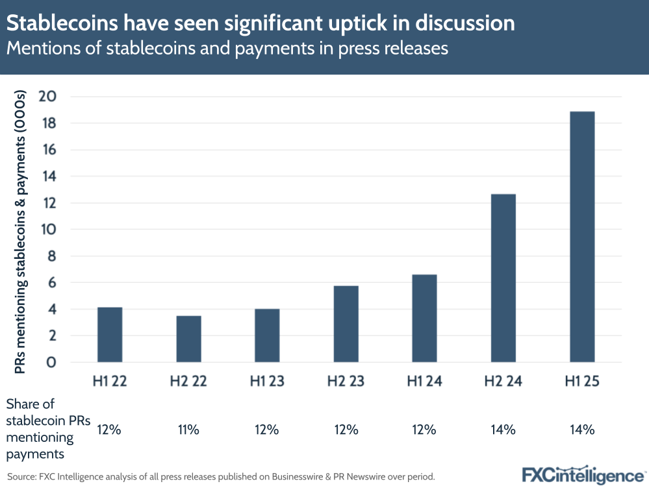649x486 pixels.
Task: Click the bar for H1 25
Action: (x=582, y=237)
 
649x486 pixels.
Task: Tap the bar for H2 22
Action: (x=188, y=339)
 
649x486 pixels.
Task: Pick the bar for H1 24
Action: (x=424, y=318)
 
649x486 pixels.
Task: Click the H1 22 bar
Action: (x=110, y=334)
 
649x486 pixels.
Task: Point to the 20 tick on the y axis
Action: (x=49, y=97)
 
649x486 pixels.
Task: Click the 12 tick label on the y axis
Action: (x=50, y=203)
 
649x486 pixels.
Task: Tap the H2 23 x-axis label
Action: (x=346, y=382)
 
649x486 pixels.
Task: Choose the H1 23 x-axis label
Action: (x=267, y=382)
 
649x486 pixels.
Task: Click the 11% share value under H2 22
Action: (x=188, y=429)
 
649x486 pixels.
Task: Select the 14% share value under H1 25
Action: (x=582, y=429)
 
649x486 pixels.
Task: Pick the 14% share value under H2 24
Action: (x=503, y=429)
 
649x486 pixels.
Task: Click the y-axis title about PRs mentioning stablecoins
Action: (x=21, y=232)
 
